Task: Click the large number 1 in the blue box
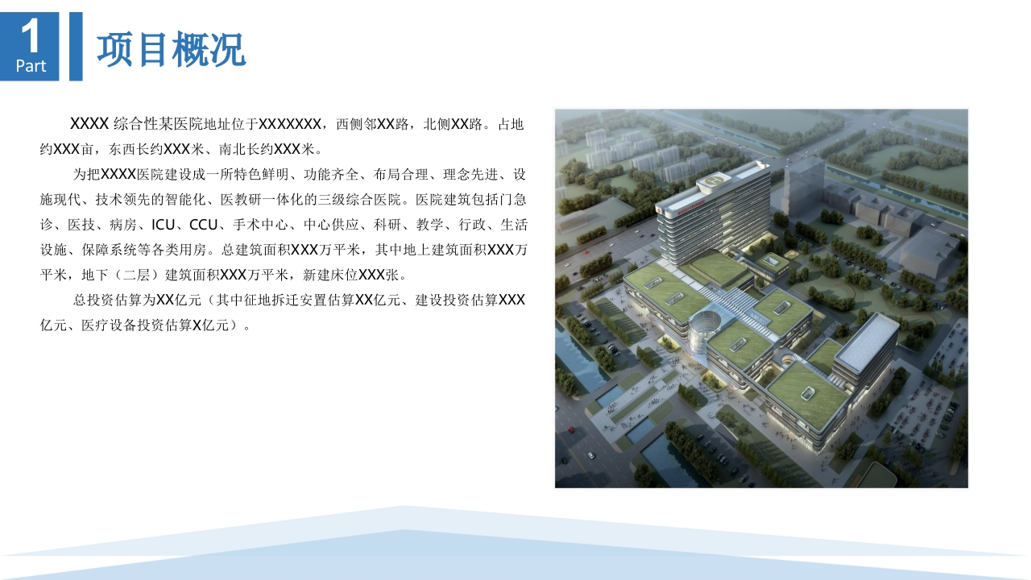pos(31,35)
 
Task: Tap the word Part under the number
pos(31,66)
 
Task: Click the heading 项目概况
pos(172,49)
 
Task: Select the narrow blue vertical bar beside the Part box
pos(76,47)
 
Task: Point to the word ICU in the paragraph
pos(163,225)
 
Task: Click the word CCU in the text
pos(203,225)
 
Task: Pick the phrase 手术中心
pos(260,225)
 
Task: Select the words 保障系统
pos(109,250)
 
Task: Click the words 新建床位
pos(330,275)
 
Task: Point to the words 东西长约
pos(136,149)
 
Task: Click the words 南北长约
pos(246,149)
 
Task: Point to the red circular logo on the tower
pos(659,210)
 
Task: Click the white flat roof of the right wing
pos(866,342)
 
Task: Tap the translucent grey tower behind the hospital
pos(804,188)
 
